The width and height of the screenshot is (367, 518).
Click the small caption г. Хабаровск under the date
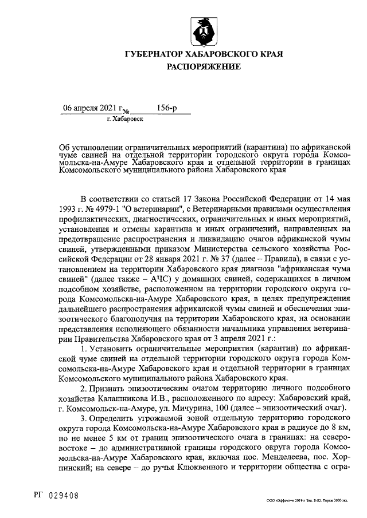click(124, 119)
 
